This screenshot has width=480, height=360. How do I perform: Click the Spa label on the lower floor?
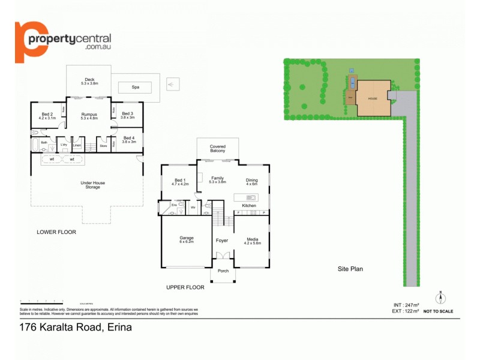135,87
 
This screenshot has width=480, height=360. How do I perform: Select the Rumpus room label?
89,116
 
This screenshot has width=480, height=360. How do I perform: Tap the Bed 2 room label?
47,116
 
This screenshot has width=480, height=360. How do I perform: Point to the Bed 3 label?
128,116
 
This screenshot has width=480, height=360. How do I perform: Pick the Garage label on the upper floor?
187,239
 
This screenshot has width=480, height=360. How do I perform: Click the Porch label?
223,271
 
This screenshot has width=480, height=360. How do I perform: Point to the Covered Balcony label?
218,148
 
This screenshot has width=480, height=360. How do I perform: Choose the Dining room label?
251,181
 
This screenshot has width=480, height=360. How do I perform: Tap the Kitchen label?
249,206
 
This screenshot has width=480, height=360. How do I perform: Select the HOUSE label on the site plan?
373,98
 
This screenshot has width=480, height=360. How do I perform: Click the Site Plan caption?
350,269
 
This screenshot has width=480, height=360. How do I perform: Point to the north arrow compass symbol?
440,296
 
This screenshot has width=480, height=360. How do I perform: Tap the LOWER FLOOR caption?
56,232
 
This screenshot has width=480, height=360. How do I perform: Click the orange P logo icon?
28,41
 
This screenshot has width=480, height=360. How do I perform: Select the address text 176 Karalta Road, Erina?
76,328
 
